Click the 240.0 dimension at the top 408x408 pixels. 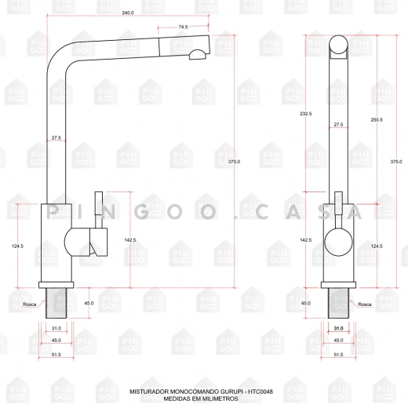pos(128,13)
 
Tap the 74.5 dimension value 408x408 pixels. pos(183,27)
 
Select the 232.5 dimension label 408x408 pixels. pos(306,114)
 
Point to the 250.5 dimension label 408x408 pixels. pos(377,119)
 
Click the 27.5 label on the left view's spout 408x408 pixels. pos(56,137)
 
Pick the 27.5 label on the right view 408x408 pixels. pos(338,125)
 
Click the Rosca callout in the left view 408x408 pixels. pos(30,304)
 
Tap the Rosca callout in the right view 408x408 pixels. pos(365,304)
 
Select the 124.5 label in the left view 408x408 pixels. pos(17,246)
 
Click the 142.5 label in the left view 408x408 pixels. pos(130,240)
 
